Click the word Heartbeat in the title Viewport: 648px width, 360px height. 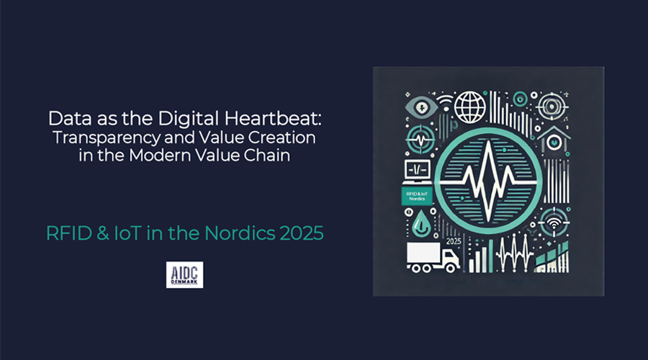tap(273, 119)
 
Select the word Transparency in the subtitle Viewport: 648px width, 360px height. tap(106, 138)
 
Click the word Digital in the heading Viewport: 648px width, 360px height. tap(188, 119)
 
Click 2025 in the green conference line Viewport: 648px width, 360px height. tap(301, 233)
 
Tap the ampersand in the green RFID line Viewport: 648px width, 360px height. tap(103, 233)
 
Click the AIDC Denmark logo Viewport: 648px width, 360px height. tap(185, 274)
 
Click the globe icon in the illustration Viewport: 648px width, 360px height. tap(470, 107)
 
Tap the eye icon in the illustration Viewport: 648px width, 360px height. tap(421, 107)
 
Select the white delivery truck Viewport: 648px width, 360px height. tap(433, 258)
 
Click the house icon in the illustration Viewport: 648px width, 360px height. tap(554, 140)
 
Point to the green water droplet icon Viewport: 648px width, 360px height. tap(421, 224)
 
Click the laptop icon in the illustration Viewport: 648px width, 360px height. tap(418, 172)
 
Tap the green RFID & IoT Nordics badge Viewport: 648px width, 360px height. tap(417, 196)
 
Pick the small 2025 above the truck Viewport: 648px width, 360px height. tap(454, 242)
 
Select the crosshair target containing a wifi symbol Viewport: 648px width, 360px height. tap(554, 222)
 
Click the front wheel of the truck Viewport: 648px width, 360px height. tap(451, 269)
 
